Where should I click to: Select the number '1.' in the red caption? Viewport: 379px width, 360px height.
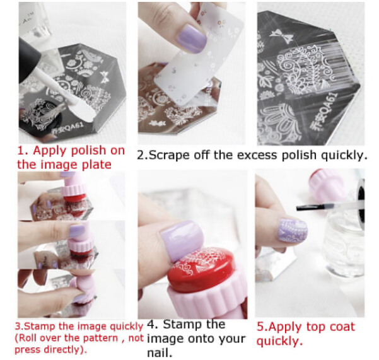pyautogui.click(x=23, y=151)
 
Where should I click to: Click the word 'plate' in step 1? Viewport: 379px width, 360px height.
pyautogui.click(x=96, y=165)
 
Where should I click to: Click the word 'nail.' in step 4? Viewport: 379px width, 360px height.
pyautogui.click(x=160, y=353)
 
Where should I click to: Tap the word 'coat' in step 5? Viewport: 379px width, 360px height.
pyautogui.click(x=342, y=327)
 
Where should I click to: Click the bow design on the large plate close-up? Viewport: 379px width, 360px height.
pyautogui.click(x=281, y=36)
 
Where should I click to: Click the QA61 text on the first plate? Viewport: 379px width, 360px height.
pyautogui.click(x=68, y=127)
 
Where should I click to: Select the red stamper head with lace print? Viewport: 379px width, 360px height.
pyautogui.click(x=201, y=270)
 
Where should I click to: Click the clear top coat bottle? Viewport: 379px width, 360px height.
pyautogui.click(x=343, y=239)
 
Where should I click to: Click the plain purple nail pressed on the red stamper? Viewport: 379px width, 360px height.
pyautogui.click(x=181, y=241)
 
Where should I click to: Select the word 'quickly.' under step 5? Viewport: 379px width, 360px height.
pyautogui.click(x=279, y=341)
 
